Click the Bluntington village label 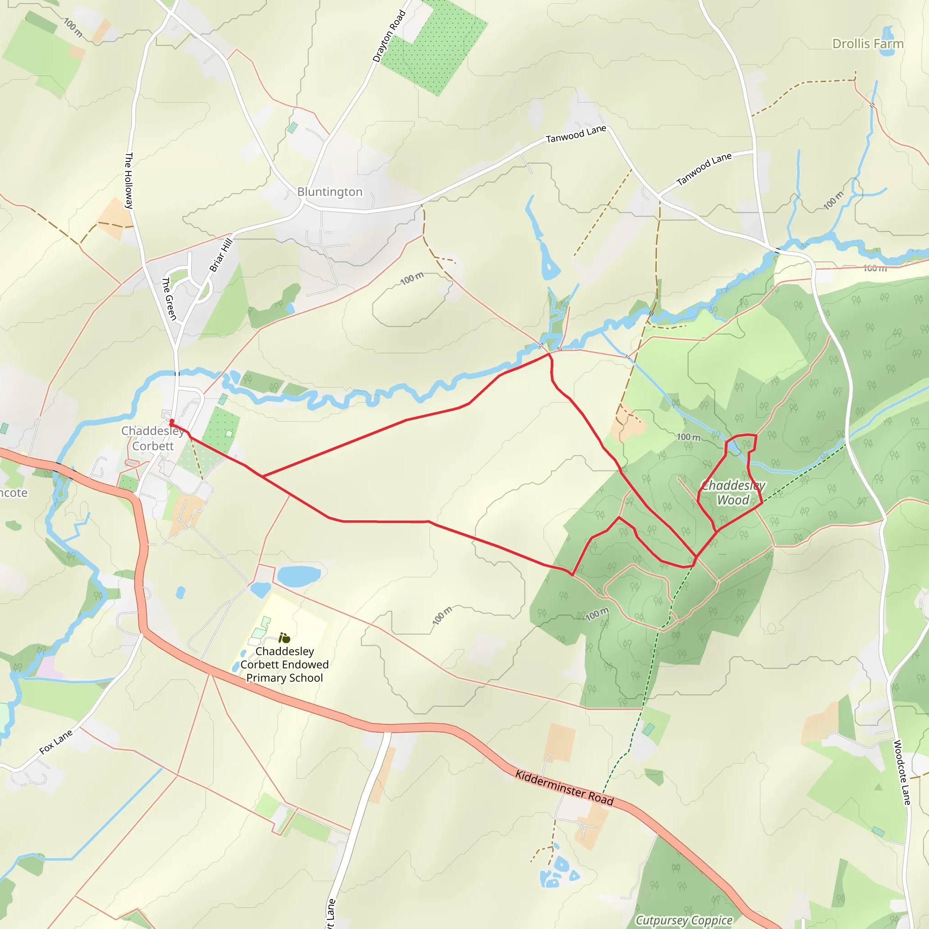[329, 192]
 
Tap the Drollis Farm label [867, 44]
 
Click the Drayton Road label [389, 36]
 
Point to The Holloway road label [129, 181]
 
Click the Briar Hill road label [221, 255]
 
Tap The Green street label [169, 298]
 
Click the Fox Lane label [56, 741]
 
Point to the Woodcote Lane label [902, 772]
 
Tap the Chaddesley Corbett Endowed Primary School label [285, 664]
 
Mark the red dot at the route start [171, 422]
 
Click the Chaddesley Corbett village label [152, 438]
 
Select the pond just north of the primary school [298, 576]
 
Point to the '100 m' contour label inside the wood [597, 614]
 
